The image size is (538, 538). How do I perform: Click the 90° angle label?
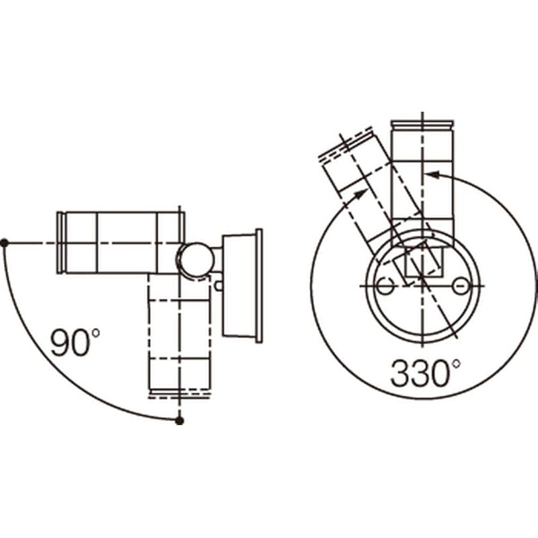pos(75,342)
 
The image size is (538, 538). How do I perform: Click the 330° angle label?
pos(426,373)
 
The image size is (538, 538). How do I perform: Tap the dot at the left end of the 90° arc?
pos(5,243)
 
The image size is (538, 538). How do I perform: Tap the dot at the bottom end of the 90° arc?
pos(180,421)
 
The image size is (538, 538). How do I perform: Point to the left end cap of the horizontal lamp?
pos(61,243)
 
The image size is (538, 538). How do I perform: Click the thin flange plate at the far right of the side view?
pos(259,285)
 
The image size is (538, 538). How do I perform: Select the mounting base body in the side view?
pos(239,285)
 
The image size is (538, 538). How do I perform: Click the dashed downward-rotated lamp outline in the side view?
pos(179,335)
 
